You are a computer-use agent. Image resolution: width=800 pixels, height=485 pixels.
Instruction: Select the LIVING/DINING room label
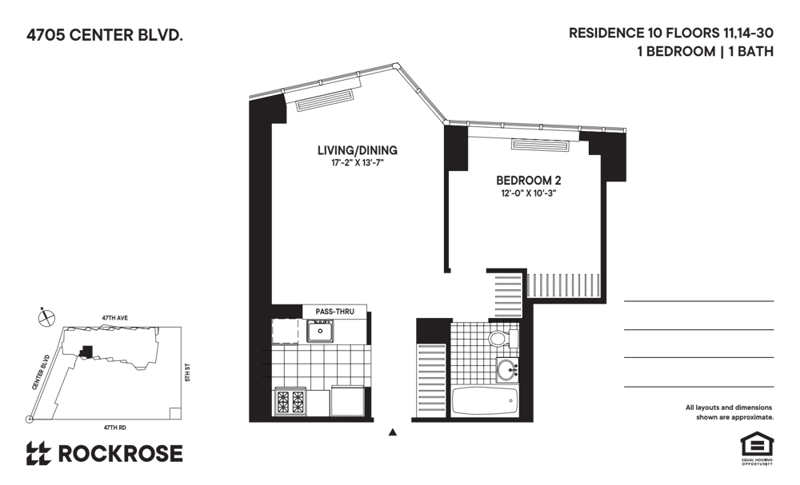point(357,150)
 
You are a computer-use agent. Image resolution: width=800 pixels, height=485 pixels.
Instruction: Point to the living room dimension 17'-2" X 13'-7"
point(357,163)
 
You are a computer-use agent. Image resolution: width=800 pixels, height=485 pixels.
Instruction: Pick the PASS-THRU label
point(334,312)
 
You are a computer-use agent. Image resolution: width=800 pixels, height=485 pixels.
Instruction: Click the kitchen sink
point(322,329)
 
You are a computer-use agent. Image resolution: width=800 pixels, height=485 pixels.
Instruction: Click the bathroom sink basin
point(506,371)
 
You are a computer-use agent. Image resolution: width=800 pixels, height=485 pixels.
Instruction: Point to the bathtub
point(485,401)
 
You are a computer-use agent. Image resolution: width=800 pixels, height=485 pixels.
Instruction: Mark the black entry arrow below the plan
point(392,433)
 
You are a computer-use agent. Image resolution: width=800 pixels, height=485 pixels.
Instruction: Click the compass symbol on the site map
point(47,317)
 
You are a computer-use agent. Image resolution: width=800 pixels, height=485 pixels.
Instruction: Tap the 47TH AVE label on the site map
point(114,318)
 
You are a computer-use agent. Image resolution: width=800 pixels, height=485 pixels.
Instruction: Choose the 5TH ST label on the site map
point(186,372)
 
